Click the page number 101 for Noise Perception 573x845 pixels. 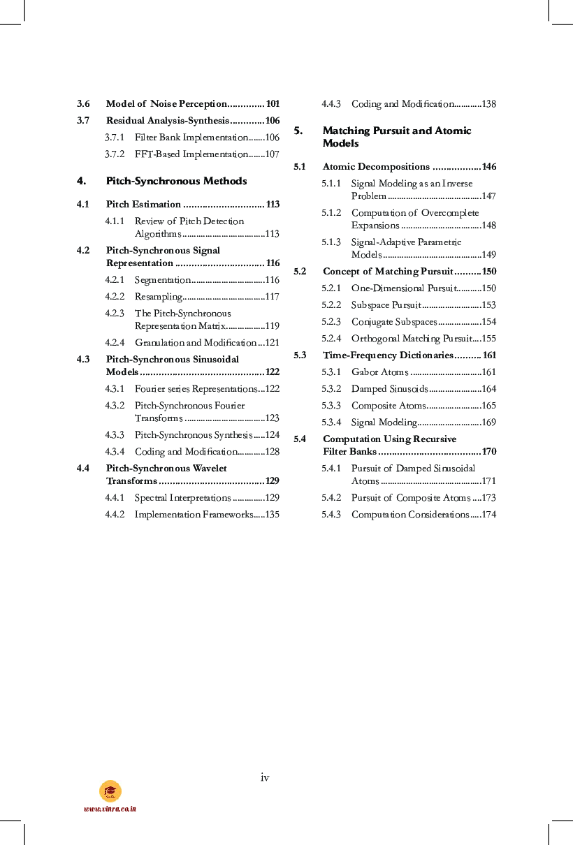click(273, 104)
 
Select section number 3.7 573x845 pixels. click(83, 121)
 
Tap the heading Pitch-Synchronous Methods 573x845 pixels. click(176, 181)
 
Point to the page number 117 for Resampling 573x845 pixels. click(273, 297)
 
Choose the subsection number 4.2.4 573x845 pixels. click(115, 343)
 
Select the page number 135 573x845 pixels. click(273, 515)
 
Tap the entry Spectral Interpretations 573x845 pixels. click(182, 498)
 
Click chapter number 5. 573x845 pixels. click(298, 131)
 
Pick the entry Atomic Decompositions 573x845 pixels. click(376, 167)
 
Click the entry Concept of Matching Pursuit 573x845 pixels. click(388, 272)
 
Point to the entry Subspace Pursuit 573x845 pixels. click(385, 305)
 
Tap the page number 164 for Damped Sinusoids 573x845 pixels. click(489, 389)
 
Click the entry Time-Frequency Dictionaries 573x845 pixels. click(388, 355)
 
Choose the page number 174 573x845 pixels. click(489, 515)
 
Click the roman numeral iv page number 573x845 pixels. click(265, 777)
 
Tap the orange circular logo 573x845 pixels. click(110, 791)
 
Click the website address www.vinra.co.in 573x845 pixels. click(110, 809)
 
